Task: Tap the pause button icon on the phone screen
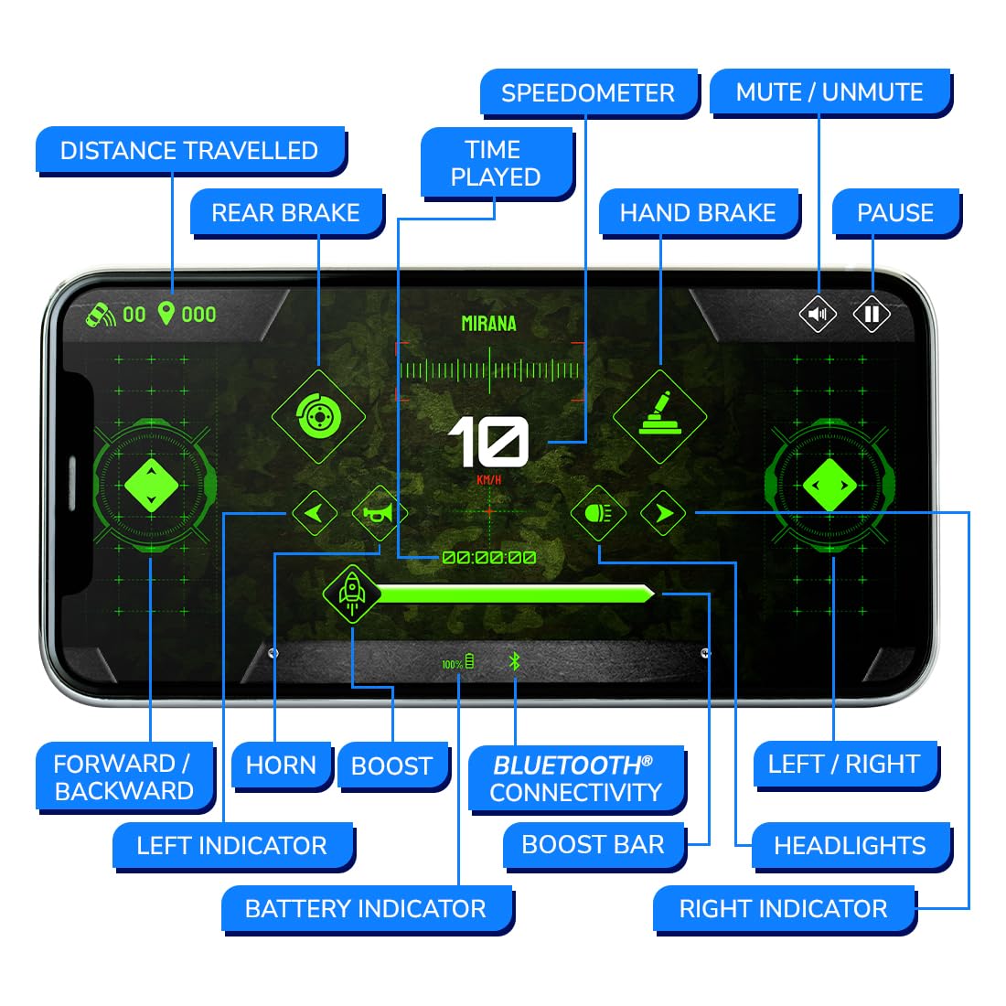tap(872, 315)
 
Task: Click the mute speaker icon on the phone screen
tap(818, 315)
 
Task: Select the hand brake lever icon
tap(660, 415)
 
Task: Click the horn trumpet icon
tap(379, 513)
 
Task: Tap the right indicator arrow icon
tap(664, 513)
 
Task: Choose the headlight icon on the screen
tap(598, 513)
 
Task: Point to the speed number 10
tap(488, 443)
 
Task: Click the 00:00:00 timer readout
tap(488, 558)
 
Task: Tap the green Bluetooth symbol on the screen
tap(515, 661)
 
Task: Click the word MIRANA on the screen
tap(488, 323)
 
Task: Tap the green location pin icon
tap(166, 314)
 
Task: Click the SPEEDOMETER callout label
tap(587, 93)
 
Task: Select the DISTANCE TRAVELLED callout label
tap(189, 151)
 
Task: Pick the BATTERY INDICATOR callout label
tap(366, 908)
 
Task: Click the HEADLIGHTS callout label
tap(850, 846)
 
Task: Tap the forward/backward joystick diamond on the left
tap(151, 486)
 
